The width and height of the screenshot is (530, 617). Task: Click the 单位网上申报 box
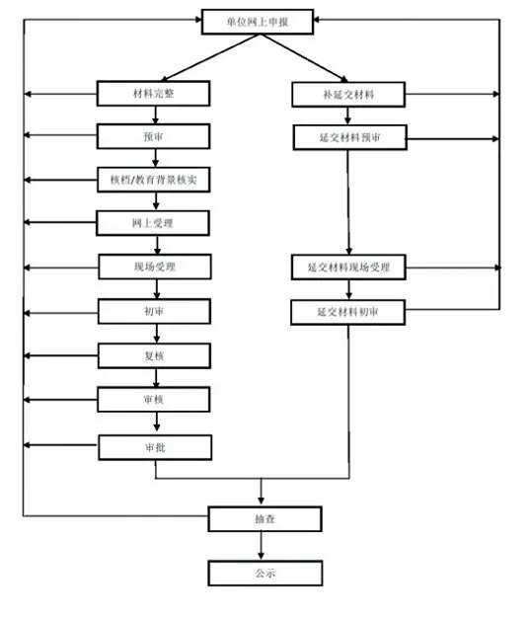click(258, 22)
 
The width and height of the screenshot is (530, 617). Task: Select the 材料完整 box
click(153, 93)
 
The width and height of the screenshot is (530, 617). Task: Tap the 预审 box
click(153, 136)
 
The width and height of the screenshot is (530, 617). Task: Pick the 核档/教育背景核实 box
click(153, 180)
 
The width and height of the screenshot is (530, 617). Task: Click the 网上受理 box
click(153, 223)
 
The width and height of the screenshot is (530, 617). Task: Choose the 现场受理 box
click(155, 267)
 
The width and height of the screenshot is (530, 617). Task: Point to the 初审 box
click(154, 311)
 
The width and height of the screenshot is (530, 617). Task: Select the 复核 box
click(154, 355)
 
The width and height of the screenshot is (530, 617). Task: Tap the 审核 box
click(153, 400)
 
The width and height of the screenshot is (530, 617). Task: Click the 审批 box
click(155, 447)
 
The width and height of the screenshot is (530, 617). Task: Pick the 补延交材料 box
click(348, 95)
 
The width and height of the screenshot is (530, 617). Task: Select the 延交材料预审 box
click(349, 137)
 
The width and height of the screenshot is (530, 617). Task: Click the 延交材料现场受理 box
click(348, 268)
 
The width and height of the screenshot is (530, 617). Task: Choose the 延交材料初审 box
click(347, 312)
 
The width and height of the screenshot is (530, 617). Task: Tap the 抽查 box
click(265, 519)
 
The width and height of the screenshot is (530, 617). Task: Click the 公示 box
click(265, 573)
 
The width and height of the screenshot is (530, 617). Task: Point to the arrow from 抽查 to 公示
click(261, 546)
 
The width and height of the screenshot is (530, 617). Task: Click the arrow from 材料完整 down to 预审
click(155, 115)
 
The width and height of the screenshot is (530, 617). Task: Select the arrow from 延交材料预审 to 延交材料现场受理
click(348, 202)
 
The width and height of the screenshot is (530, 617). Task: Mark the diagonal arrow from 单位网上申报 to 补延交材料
click(303, 58)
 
